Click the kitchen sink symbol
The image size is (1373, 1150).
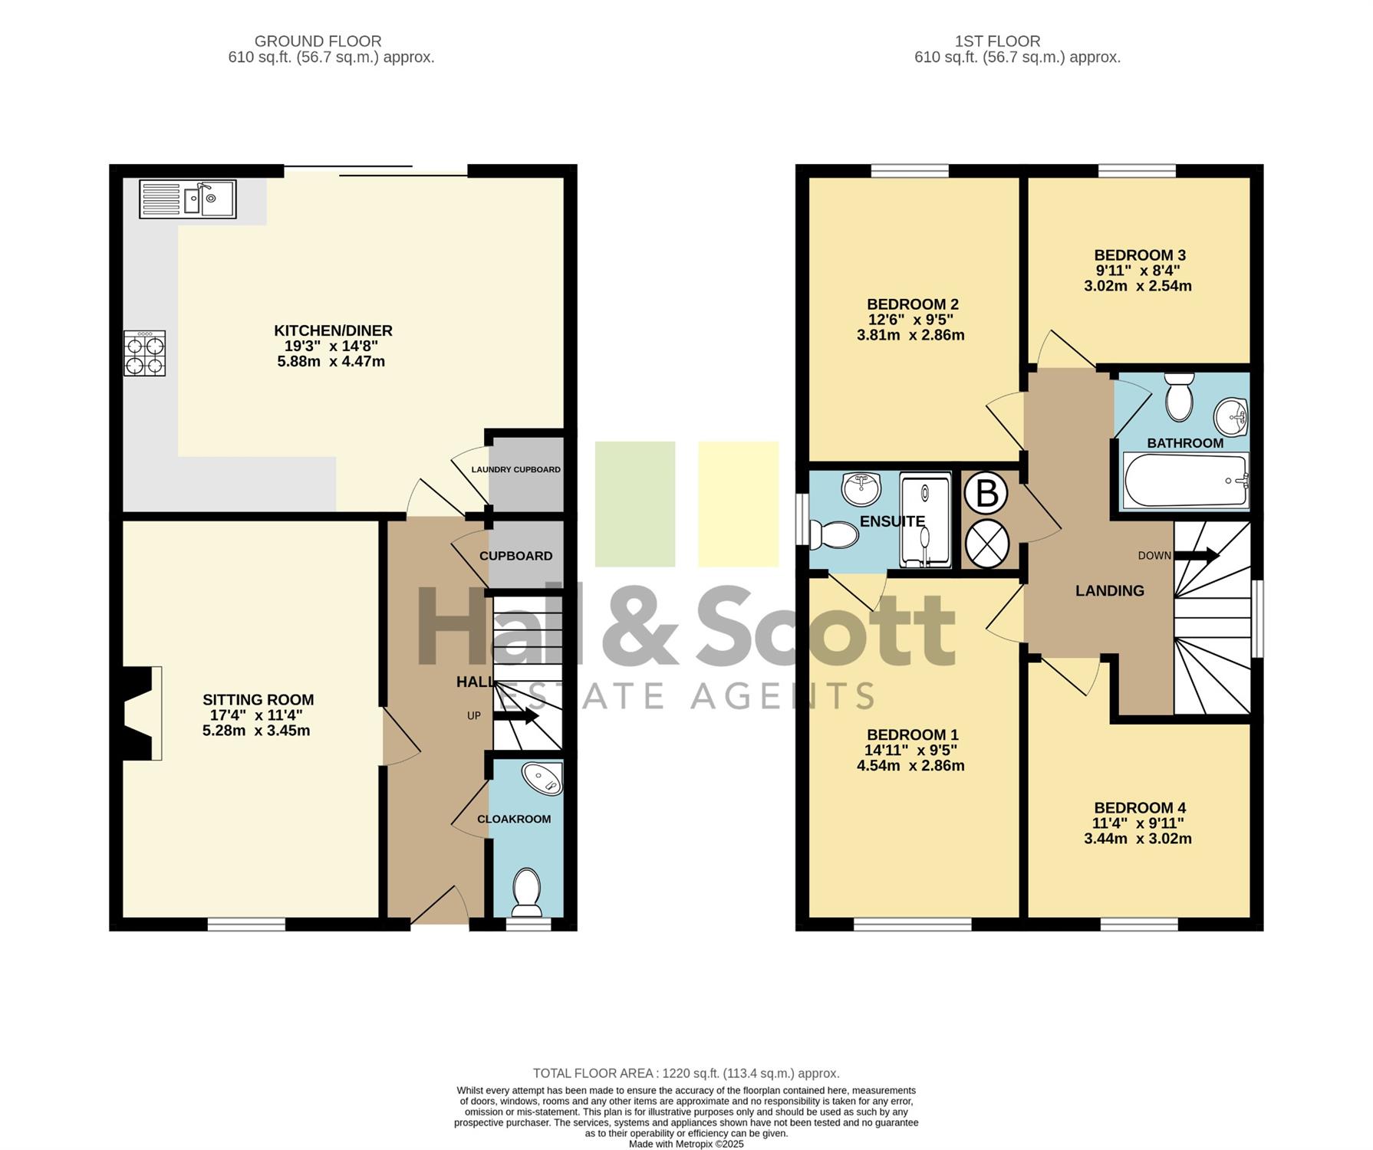click(188, 199)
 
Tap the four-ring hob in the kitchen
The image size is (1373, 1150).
click(145, 353)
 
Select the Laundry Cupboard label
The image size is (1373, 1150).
click(515, 469)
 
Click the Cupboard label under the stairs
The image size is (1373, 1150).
click(515, 556)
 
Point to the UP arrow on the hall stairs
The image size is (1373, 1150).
click(515, 716)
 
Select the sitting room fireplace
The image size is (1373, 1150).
click(138, 713)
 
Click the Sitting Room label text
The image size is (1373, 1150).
click(258, 699)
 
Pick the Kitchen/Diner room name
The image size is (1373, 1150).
click(333, 330)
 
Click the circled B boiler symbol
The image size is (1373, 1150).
click(986, 493)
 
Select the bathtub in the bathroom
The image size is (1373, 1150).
click(1186, 481)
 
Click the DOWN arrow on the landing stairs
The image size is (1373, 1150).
click(1197, 555)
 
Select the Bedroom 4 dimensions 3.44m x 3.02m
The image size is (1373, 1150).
click(1138, 838)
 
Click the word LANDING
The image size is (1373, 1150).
click(1109, 590)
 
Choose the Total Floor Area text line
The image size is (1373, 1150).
click(686, 1073)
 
